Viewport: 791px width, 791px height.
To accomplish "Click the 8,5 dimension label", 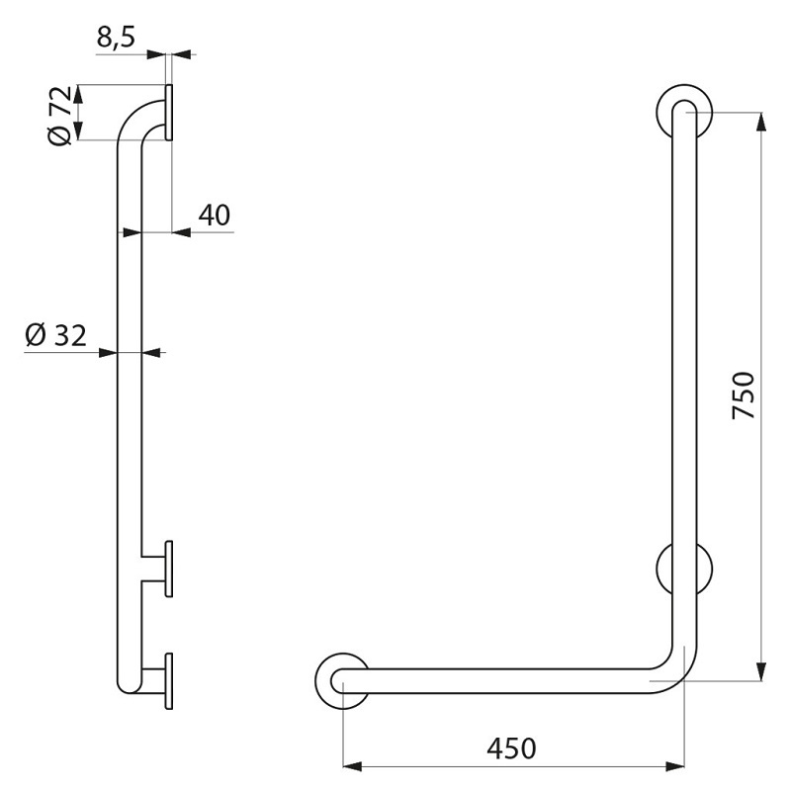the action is tap(116, 38).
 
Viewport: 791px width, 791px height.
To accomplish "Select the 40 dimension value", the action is tap(214, 215).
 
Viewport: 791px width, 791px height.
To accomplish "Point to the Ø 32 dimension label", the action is tap(56, 335).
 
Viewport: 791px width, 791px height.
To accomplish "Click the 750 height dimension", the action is tap(744, 395).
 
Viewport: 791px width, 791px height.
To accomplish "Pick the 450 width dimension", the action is tap(511, 748).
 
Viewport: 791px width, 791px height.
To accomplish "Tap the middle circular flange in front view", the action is tap(662, 569).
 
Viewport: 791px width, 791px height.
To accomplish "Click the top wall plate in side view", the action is tap(169, 112).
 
